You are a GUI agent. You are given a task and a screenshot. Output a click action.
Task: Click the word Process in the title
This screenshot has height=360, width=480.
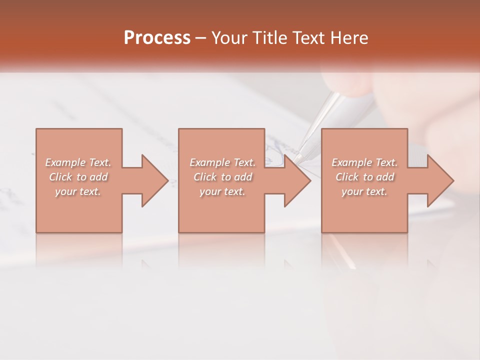click(x=157, y=38)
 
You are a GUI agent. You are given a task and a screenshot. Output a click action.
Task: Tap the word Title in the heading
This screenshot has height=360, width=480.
click(x=268, y=38)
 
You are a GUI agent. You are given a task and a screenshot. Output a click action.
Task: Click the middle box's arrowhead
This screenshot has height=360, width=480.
click(x=297, y=180)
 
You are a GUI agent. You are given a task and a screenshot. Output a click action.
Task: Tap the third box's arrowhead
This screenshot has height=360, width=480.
click(x=440, y=180)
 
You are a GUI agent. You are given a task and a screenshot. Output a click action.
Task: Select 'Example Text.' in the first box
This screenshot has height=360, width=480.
click(x=78, y=162)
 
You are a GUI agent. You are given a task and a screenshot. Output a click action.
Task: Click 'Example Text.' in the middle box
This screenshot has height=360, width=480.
click(x=222, y=162)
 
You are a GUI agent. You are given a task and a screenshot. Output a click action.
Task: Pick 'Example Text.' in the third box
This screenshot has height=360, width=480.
click(x=364, y=162)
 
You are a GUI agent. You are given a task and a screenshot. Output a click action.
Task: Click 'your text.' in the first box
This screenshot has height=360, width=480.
click(x=78, y=191)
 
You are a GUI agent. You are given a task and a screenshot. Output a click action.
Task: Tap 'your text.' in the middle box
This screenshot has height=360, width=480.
click(x=222, y=191)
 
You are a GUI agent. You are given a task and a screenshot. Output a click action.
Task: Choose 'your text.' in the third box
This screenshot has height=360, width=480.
click(x=364, y=191)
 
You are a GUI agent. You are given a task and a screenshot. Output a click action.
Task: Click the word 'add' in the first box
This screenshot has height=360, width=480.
click(x=99, y=177)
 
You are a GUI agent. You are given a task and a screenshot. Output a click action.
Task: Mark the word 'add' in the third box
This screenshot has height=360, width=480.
click(x=385, y=177)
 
